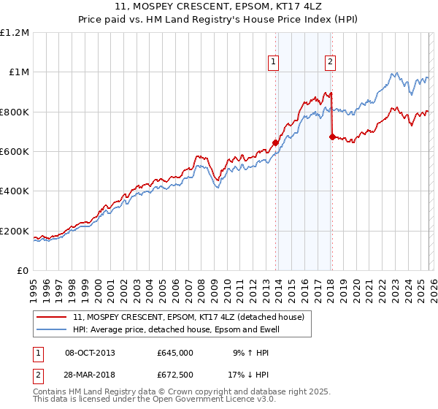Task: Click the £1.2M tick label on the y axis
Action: [15, 33]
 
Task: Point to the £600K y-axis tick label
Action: [15, 152]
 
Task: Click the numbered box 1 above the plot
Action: [273, 63]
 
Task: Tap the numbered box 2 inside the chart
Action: [330, 63]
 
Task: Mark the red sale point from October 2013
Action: [275, 142]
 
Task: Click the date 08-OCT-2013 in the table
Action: [90, 352]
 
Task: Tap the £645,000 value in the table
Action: [174, 352]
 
